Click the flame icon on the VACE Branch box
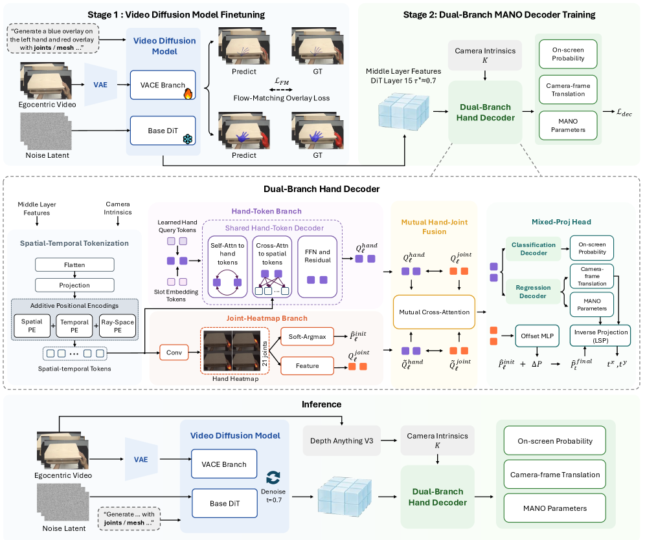pyautogui.click(x=188, y=94)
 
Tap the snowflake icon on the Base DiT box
pyautogui.click(x=188, y=139)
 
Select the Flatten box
pyautogui.click(x=74, y=265)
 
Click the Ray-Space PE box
pyautogui.click(x=118, y=326)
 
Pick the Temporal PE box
pyautogui.click(x=74, y=326)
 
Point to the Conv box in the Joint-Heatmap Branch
pyautogui.click(x=174, y=352)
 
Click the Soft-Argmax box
pyautogui.click(x=307, y=337)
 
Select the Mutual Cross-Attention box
pyautogui.click(x=434, y=312)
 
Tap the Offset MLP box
pyautogui.click(x=537, y=336)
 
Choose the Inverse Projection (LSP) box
pyautogui.click(x=600, y=336)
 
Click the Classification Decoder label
pyautogui.click(x=534, y=249)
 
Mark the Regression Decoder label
pyautogui.click(x=533, y=292)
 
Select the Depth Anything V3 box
pyautogui.click(x=341, y=440)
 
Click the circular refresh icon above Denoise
pyautogui.click(x=273, y=477)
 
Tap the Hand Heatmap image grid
pyautogui.click(x=232, y=351)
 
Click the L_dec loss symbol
pyautogui.click(x=624, y=112)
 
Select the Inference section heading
pyautogui.click(x=322, y=404)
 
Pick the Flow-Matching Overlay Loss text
pyautogui.click(x=281, y=98)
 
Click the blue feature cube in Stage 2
pyautogui.click(x=403, y=110)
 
